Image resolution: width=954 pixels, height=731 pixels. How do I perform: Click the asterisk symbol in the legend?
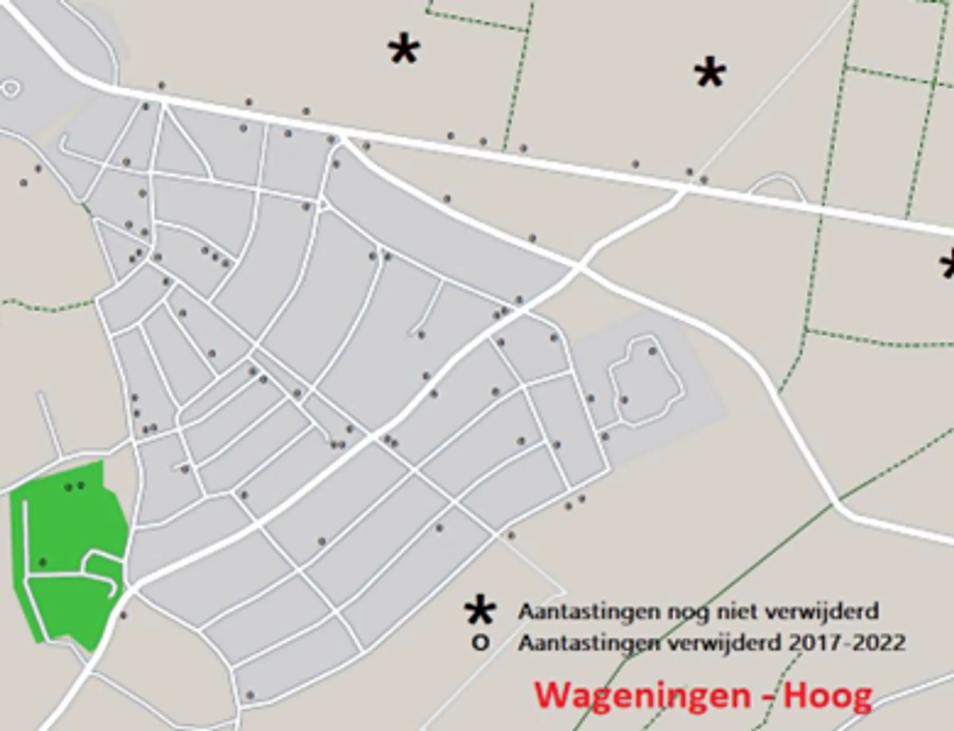coord(480,611)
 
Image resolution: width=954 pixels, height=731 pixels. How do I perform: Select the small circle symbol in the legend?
coord(480,643)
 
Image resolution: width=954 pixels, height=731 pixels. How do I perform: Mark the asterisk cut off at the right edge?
coord(948,266)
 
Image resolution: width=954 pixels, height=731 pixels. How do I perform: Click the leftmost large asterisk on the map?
coord(404,49)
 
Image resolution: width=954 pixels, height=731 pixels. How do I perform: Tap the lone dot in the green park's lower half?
coord(43,563)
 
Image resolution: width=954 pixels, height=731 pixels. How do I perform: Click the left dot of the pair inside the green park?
coord(68,487)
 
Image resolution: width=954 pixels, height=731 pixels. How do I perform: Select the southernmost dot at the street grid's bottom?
coord(250,695)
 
